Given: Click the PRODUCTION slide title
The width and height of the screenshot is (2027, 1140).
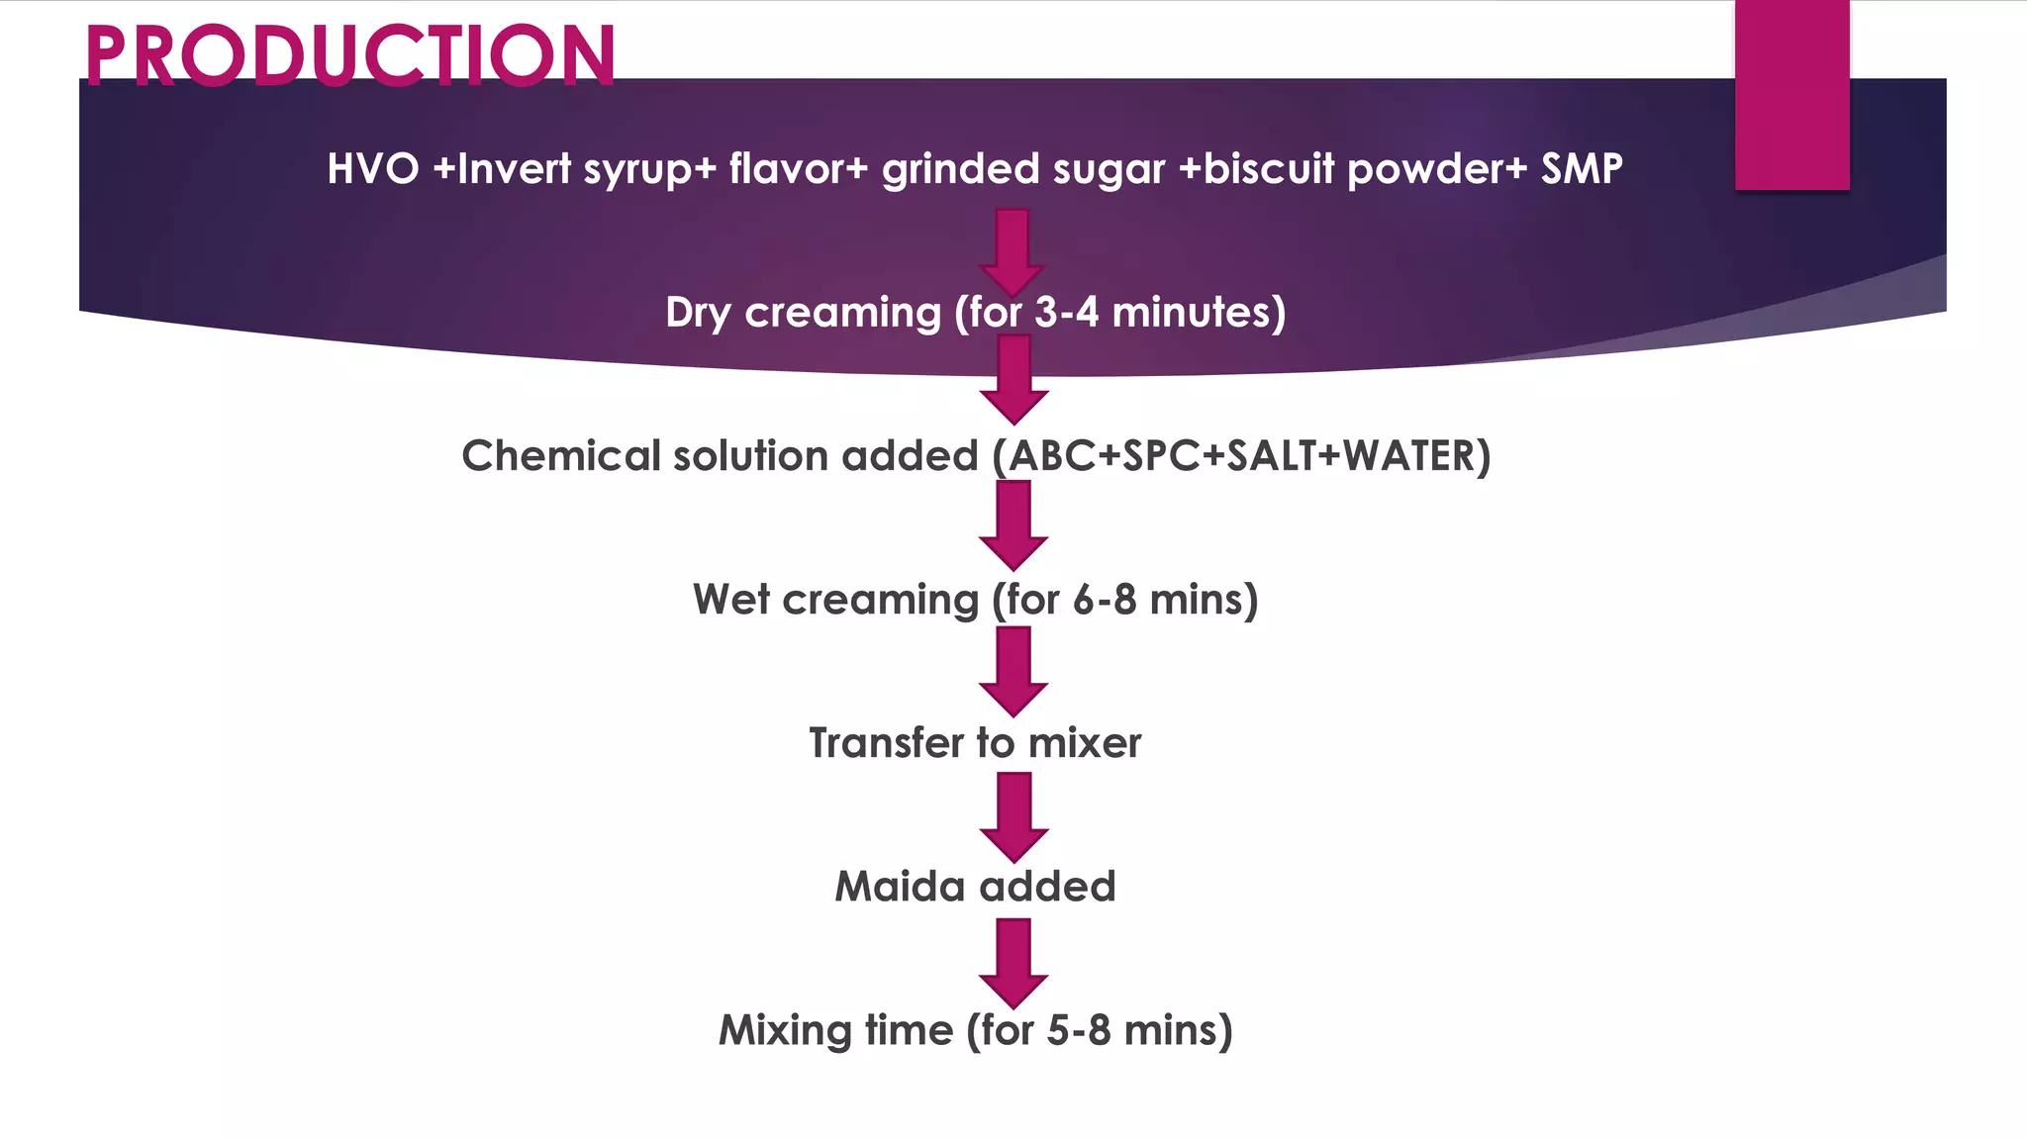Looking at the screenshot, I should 350,54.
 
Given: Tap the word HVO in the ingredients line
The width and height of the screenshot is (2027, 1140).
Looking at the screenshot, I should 373,169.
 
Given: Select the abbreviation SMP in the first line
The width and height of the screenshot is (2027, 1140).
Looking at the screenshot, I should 1582,169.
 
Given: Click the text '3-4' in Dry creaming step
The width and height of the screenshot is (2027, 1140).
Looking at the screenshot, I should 1066,313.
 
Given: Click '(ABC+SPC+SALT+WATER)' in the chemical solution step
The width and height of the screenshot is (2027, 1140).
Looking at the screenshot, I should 1242,456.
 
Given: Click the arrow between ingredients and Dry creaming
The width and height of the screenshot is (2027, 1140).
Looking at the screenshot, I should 1013,251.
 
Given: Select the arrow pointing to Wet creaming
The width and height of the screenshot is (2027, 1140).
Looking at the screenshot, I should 1013,524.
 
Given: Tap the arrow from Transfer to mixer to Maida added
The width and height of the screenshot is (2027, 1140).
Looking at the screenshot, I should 1013,816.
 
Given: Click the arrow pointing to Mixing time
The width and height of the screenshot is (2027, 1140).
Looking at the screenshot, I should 1013,962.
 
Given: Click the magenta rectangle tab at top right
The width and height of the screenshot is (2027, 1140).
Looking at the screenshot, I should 1791,94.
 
